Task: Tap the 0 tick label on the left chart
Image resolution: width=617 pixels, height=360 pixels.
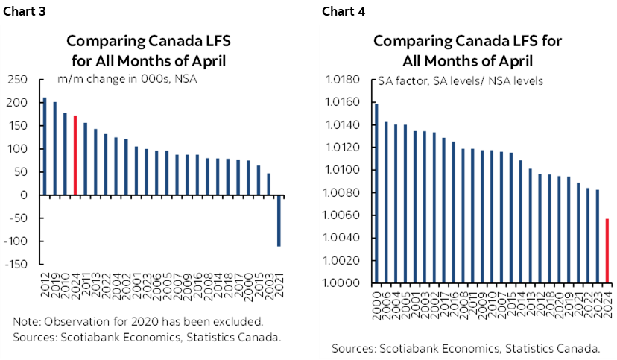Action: [24, 195]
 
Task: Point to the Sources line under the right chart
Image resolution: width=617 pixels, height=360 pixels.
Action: [466, 348]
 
